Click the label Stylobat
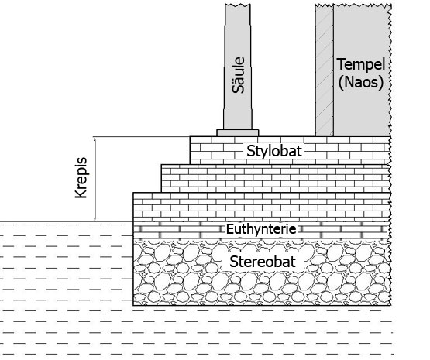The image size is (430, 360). coord(274,151)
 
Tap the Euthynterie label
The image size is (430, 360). coord(261,229)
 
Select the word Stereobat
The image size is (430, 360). coord(263,262)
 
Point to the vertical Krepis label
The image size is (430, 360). coord(81,177)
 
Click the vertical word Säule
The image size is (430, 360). coord(238,75)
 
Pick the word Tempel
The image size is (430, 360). coord(361,64)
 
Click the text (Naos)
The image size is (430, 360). coord(361,81)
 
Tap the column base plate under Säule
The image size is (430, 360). coord(238,133)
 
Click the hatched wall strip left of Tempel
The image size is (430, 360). coord(325,70)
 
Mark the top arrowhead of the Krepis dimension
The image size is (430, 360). coord(95,139)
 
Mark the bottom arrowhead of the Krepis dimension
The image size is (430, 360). coord(95,218)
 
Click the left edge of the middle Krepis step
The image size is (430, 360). coord(161,178)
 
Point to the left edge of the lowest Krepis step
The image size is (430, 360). coord(133,207)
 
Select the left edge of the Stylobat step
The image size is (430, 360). coord(190,150)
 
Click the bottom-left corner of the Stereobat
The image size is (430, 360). coord(133,305)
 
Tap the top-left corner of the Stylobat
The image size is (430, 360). coord(190,136)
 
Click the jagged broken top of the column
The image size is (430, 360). coord(238,5)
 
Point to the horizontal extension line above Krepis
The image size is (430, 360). coord(142,136)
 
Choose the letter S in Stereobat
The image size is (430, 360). coord(233,262)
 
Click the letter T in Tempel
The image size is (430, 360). coord(341,63)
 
